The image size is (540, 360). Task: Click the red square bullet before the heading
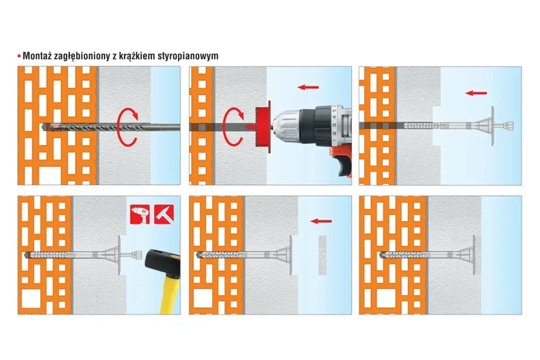click(19, 56)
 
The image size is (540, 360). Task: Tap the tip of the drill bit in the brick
click(48, 126)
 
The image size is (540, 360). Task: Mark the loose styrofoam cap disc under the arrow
click(322, 255)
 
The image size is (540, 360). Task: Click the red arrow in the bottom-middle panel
click(318, 220)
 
